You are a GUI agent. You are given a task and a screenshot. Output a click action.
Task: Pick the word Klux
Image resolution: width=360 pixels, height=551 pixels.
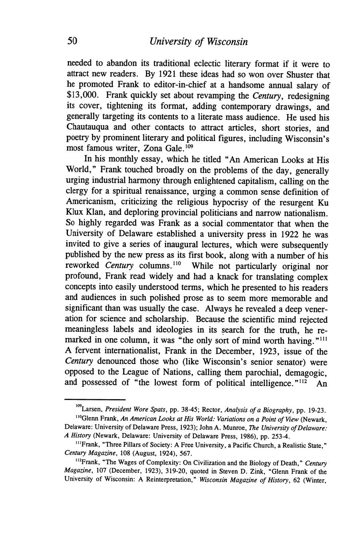(75, 213)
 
